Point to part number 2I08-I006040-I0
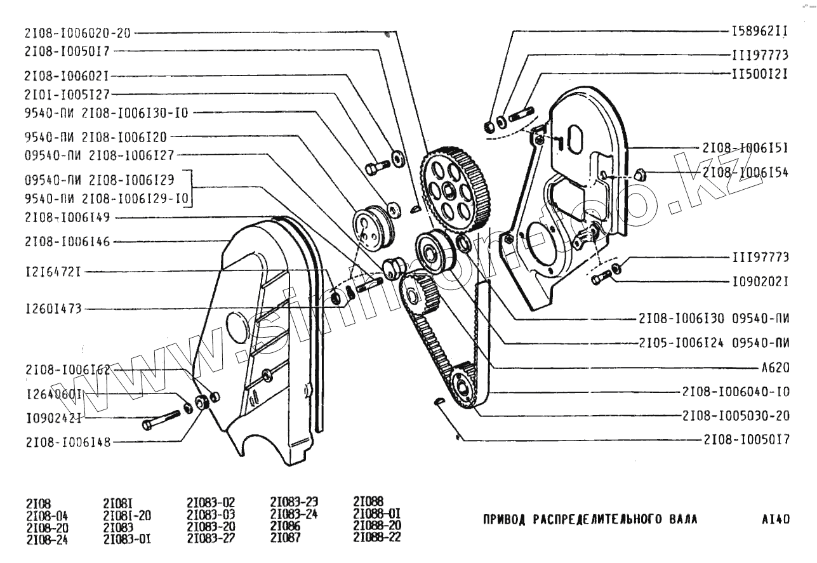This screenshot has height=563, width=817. [x=736, y=391]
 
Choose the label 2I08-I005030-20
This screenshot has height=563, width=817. [x=736, y=415]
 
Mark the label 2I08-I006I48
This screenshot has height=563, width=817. [x=68, y=442]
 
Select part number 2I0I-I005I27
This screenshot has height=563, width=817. [x=67, y=94]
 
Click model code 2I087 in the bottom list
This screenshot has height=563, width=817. [x=286, y=540]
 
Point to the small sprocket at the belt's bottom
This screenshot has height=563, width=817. [x=463, y=383]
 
